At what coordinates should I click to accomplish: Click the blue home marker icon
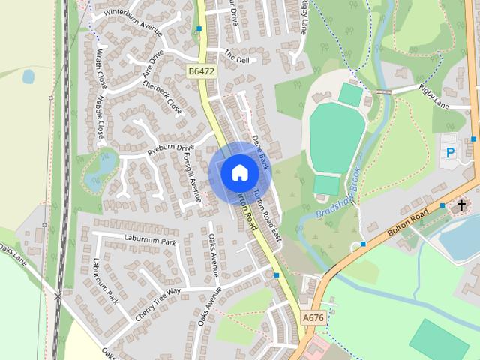[239, 172]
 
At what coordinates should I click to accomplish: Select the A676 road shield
[314, 318]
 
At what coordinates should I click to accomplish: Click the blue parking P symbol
[451, 152]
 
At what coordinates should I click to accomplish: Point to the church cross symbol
[461, 204]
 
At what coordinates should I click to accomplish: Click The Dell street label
[237, 58]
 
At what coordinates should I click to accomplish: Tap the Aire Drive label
[152, 64]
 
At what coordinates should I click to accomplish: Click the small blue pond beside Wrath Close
[28, 76]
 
